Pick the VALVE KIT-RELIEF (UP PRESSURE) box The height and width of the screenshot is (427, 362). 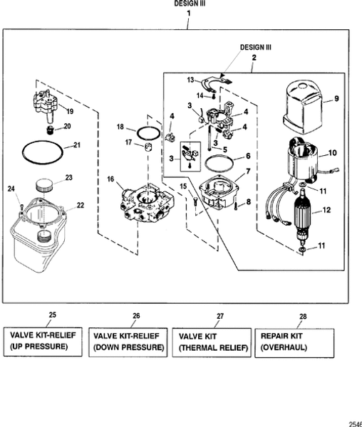(x=43, y=341)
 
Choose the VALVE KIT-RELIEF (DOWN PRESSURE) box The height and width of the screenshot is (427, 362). (x=128, y=341)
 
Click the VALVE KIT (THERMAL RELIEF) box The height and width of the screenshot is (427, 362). (x=212, y=341)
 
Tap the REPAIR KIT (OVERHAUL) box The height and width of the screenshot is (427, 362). (x=292, y=341)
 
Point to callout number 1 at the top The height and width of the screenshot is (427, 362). (x=188, y=13)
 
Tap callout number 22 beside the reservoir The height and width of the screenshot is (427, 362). (x=81, y=205)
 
